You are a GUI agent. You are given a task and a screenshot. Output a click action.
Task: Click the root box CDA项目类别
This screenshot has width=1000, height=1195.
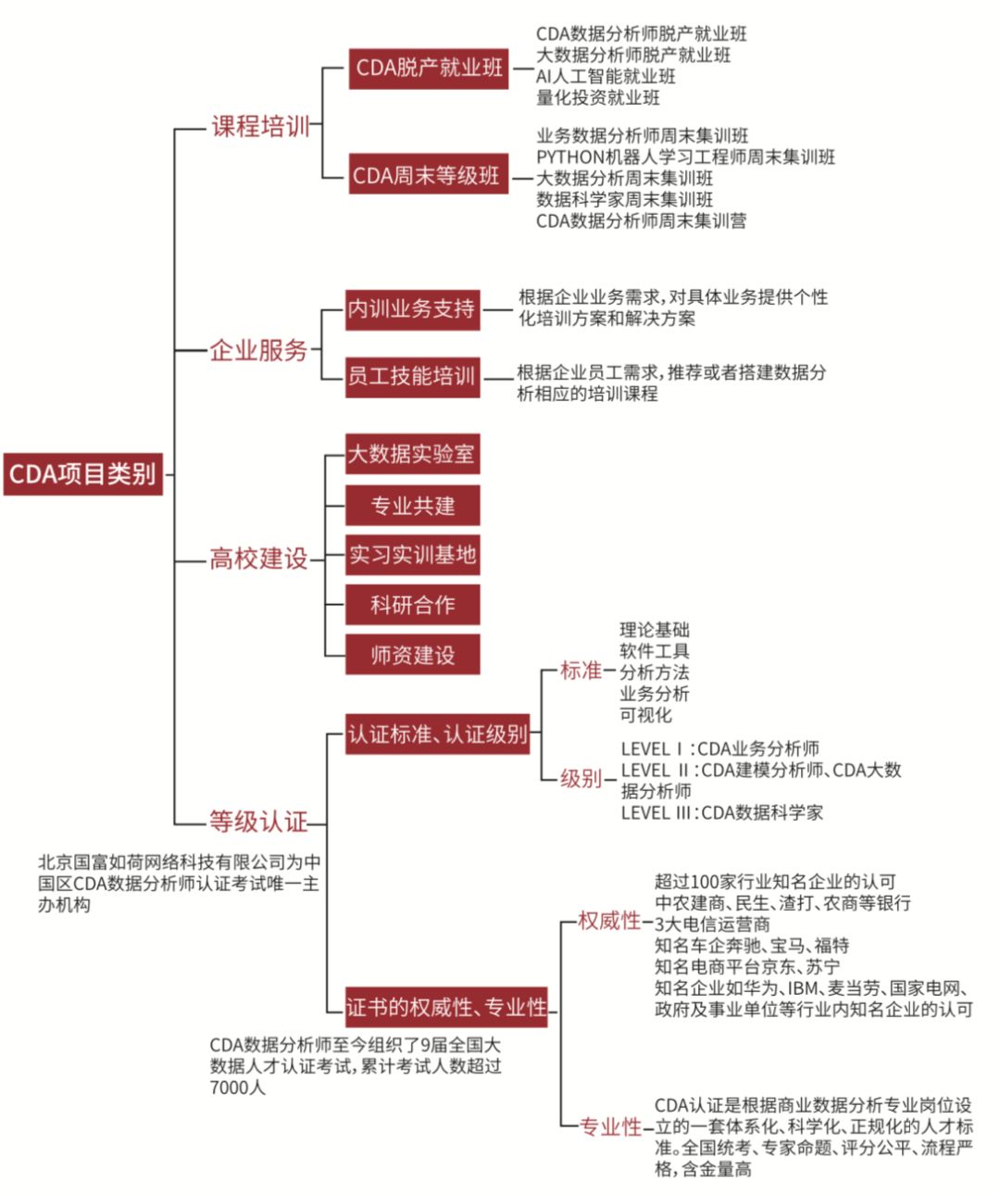82,474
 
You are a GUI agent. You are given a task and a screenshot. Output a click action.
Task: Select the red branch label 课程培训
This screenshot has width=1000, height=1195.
260,126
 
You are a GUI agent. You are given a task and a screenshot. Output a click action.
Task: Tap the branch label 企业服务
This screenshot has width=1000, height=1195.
258,350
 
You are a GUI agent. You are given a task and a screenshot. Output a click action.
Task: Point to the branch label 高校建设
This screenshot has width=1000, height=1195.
258,559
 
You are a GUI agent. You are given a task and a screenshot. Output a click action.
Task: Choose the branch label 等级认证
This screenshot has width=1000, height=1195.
258,822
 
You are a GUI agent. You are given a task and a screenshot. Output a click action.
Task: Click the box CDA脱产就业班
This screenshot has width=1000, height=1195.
429,68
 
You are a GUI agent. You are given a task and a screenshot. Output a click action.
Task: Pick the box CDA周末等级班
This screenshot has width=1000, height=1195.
428,175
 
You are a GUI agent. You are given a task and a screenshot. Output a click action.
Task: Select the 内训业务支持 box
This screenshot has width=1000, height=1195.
412,309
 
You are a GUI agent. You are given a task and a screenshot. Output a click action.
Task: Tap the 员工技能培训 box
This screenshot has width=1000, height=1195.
412,376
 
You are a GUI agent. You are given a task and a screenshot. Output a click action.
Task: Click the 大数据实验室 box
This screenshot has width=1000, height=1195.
412,454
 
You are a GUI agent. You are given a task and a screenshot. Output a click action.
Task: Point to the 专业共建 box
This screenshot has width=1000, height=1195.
412,506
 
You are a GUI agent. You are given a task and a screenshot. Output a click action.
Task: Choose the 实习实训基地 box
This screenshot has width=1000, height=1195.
412,555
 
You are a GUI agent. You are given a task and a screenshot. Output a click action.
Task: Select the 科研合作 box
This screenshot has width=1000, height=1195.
412,605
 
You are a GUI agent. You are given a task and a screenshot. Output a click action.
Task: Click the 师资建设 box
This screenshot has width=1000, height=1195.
412,655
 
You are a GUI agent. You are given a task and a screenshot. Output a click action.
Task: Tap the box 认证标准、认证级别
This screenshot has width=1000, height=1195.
438,735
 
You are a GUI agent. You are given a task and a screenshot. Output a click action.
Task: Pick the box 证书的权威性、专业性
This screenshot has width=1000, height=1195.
447,1007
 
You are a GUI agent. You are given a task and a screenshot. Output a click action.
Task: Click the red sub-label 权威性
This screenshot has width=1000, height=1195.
609,921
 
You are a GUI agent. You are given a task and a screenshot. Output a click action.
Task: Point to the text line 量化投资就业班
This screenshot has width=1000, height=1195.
598,97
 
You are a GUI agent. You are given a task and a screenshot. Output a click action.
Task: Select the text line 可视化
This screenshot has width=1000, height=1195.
645,715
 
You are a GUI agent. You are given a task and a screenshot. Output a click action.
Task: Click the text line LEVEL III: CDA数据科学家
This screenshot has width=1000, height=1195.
721,812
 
